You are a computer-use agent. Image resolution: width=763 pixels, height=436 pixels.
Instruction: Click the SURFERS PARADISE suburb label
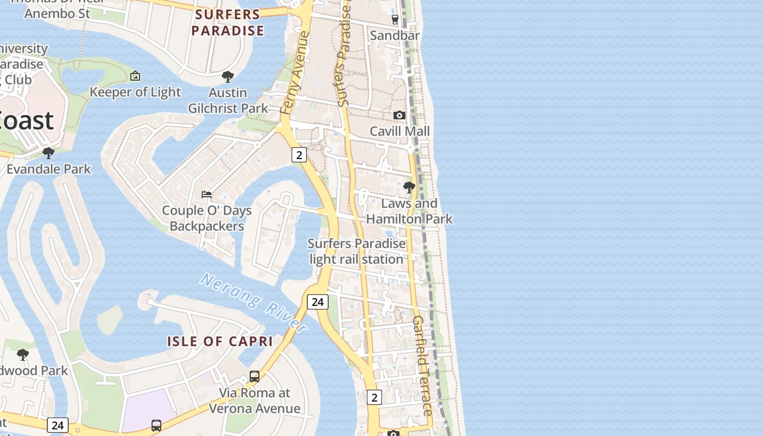click(x=228, y=23)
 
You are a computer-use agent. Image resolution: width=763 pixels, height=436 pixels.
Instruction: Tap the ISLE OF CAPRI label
click(x=220, y=342)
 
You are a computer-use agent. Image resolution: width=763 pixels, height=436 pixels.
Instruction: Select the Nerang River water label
click(x=253, y=302)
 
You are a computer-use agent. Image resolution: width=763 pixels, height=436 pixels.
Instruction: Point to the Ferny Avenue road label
click(x=295, y=73)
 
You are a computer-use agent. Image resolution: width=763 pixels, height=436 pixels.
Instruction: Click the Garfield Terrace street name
click(x=423, y=365)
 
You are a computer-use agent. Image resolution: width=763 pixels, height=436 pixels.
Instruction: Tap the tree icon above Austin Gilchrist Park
click(x=228, y=77)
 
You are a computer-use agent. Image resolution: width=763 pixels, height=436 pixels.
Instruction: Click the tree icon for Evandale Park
click(x=49, y=153)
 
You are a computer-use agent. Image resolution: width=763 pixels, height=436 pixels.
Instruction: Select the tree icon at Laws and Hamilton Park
click(x=409, y=187)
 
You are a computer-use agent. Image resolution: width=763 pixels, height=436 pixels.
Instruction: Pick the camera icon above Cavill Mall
click(x=399, y=115)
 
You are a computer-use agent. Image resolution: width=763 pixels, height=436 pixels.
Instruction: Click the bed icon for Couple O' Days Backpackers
click(x=207, y=194)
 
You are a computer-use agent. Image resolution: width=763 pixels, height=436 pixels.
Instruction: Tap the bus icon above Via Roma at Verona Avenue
click(x=255, y=376)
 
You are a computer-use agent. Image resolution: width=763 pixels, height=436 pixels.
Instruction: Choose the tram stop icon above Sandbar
click(x=395, y=20)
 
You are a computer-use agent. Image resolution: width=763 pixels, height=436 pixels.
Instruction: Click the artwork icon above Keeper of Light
click(x=135, y=76)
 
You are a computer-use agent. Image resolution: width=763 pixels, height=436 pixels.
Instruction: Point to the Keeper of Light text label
click(x=135, y=92)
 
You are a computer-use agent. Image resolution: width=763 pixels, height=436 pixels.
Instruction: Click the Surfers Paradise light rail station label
click(x=357, y=251)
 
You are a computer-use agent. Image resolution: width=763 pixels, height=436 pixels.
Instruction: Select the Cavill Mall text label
click(x=399, y=131)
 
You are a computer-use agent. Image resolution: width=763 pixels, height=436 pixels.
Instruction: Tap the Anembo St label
click(x=57, y=13)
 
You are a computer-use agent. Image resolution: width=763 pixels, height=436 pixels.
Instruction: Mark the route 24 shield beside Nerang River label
click(x=317, y=301)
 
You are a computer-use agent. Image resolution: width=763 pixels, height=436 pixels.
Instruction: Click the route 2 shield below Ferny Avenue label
click(x=299, y=155)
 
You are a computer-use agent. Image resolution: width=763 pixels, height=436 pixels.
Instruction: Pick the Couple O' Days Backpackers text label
click(x=207, y=218)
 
